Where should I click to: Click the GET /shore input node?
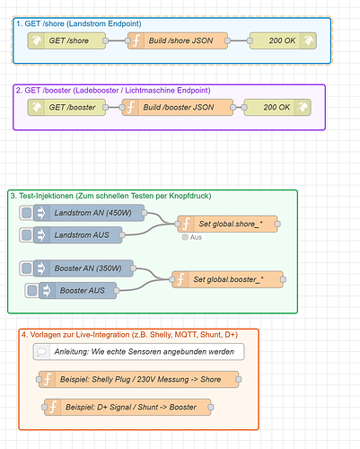66,40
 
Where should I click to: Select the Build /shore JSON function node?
178,40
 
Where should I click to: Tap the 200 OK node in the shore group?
283,40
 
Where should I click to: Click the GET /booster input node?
66,107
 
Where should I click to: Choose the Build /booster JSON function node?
178,107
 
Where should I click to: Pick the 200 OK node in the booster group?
277,107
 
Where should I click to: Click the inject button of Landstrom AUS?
26,235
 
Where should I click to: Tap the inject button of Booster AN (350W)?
26,269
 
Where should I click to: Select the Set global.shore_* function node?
227,224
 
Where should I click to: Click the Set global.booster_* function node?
227,279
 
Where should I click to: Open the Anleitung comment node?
139,351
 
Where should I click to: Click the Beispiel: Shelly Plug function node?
139,379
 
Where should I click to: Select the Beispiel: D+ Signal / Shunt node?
127,407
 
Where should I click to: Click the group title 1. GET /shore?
79,23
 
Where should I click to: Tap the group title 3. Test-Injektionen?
110,196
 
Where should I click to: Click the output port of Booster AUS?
117,290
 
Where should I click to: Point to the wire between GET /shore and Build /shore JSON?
117,40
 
